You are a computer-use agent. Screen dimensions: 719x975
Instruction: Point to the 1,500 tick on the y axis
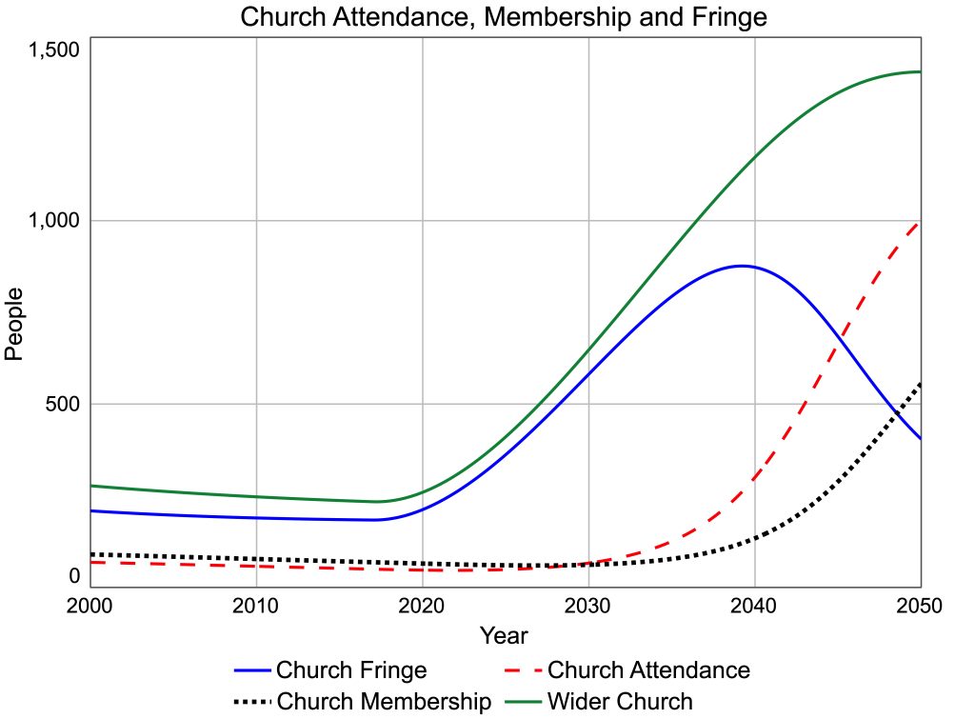click(x=54, y=51)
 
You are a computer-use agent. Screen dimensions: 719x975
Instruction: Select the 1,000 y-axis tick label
click(x=54, y=220)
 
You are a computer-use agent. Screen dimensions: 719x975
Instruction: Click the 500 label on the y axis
click(x=63, y=404)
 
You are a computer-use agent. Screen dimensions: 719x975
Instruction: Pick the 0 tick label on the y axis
click(x=74, y=575)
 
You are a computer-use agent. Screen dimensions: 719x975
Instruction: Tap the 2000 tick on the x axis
click(x=90, y=606)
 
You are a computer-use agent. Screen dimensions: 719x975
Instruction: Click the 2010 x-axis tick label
click(x=256, y=606)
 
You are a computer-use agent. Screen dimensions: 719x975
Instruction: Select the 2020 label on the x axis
click(x=423, y=606)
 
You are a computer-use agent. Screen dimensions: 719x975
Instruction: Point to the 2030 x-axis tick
click(x=588, y=606)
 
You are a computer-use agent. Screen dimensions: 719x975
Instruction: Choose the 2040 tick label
click(x=755, y=606)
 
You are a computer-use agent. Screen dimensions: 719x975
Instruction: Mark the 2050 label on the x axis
click(x=920, y=606)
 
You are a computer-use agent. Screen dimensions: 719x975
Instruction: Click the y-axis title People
click(x=14, y=323)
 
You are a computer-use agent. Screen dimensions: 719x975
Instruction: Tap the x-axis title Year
click(x=504, y=635)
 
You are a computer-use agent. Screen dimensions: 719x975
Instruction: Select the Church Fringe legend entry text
click(x=351, y=670)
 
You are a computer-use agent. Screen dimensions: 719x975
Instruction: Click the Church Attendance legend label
click(x=648, y=670)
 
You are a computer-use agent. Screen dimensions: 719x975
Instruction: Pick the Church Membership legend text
click(x=384, y=703)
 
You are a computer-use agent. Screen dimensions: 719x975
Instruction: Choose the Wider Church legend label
click(x=620, y=703)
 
